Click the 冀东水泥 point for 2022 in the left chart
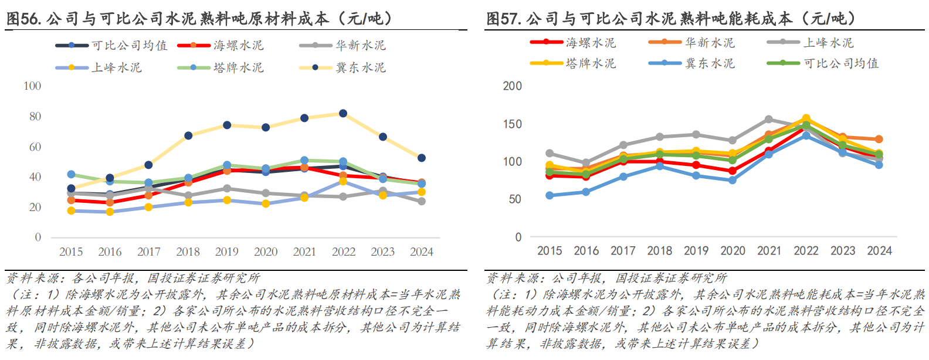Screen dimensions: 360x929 point(343,114)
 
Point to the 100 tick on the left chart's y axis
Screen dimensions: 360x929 point(32,86)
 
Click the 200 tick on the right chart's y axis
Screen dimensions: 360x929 point(512,86)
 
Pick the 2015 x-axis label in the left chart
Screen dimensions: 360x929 point(71,252)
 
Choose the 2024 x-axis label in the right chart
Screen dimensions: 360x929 point(879,251)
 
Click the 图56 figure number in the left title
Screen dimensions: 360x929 point(23,19)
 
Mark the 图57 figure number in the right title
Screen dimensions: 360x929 point(503,19)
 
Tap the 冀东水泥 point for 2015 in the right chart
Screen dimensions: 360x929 point(550,195)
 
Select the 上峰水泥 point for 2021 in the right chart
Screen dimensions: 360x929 point(769,120)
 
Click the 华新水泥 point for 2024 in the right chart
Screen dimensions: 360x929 point(879,140)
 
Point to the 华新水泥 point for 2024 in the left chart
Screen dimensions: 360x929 point(421,201)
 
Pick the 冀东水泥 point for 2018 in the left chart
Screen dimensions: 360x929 point(188,136)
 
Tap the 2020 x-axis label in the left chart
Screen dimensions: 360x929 point(266,252)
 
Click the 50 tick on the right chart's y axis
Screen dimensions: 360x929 point(515,199)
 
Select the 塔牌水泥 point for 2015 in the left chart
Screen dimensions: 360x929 point(71,174)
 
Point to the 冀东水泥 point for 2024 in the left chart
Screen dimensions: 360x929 point(421,158)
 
